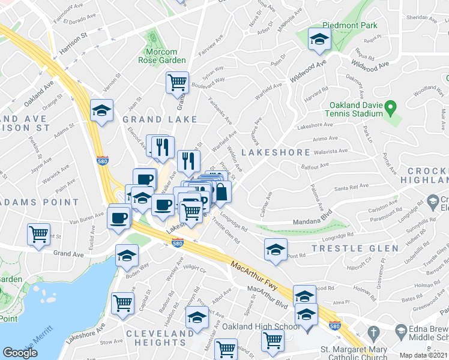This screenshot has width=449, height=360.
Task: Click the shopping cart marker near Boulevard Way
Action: [177, 82]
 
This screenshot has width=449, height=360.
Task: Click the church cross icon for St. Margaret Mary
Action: [373, 332]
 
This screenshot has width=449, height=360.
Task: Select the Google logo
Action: [20, 353]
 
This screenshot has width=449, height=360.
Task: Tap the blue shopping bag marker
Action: [221, 193]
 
